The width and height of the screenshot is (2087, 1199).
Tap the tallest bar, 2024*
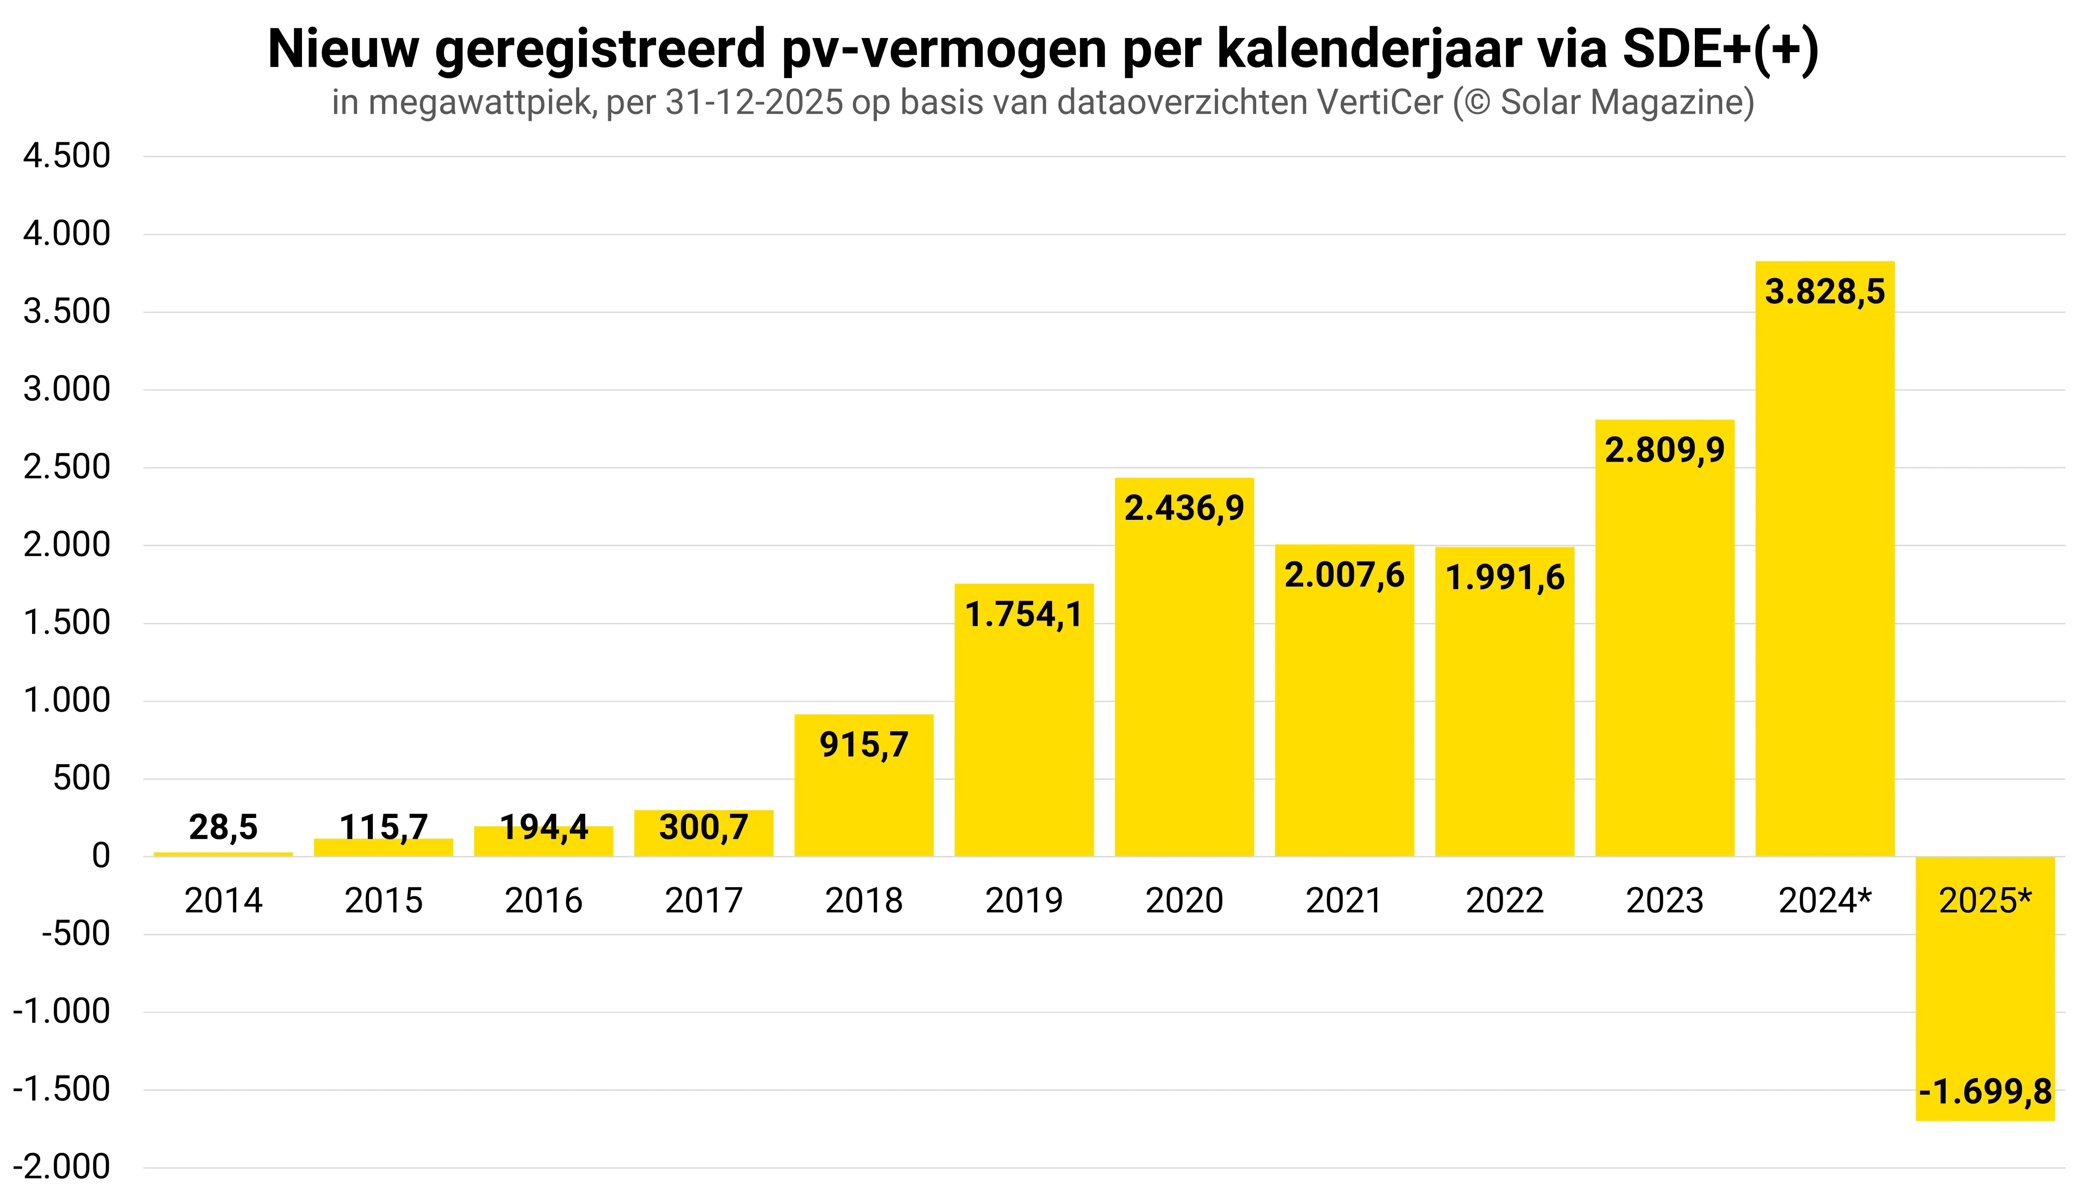click(1824, 577)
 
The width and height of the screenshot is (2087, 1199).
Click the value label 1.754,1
click(1023, 614)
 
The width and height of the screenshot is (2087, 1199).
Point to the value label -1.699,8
click(1985, 1092)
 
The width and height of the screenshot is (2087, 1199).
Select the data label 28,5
click(223, 827)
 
